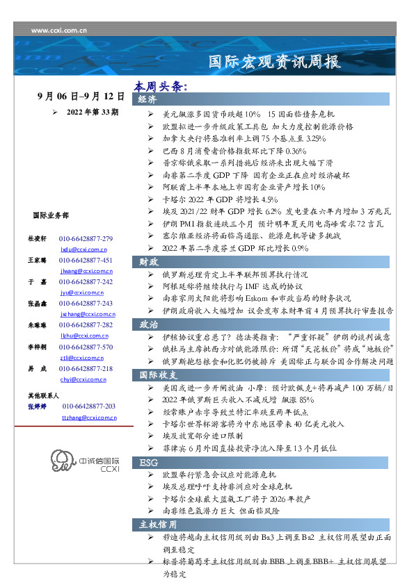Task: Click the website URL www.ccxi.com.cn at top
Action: click(x=59, y=31)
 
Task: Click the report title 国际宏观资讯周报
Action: click(x=275, y=62)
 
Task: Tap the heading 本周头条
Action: click(x=161, y=88)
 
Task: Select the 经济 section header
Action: click(x=148, y=100)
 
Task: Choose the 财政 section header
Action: click(x=148, y=262)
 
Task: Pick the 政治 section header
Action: click(x=148, y=324)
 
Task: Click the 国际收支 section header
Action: click(x=157, y=375)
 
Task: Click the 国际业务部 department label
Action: click(x=50, y=215)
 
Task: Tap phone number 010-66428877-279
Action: click(x=86, y=239)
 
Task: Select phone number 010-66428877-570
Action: click(x=86, y=347)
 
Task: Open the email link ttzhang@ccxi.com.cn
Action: click(x=89, y=418)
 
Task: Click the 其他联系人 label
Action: click(x=44, y=395)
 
